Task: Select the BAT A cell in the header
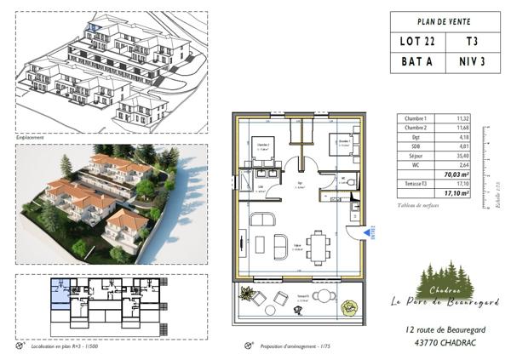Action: [x=417, y=61]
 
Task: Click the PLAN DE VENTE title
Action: [x=445, y=21]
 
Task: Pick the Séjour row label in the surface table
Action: [x=417, y=156]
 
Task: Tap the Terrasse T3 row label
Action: [x=416, y=183]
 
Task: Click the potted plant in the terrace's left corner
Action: [x=247, y=294]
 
